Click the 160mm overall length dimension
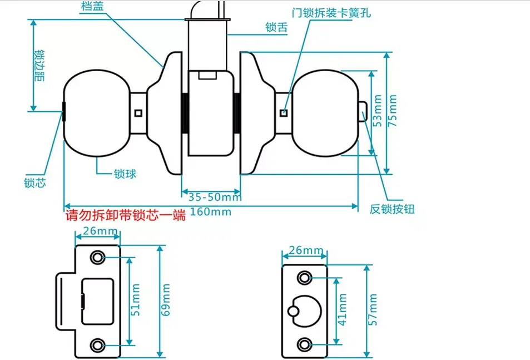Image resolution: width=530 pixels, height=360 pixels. coord(211,212)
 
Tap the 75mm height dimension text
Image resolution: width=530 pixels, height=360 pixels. coord(393,111)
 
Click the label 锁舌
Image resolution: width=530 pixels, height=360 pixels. coord(276,27)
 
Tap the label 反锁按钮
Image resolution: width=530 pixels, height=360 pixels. coord(392,209)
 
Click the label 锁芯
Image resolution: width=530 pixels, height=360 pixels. coord(34,183)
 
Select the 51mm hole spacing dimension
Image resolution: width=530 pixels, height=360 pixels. coord(136,300)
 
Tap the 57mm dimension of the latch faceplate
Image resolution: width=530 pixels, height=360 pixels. coord(373,309)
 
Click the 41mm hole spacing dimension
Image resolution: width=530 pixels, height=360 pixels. coord(343,309)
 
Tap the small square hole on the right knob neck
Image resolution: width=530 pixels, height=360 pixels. coord(284,114)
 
